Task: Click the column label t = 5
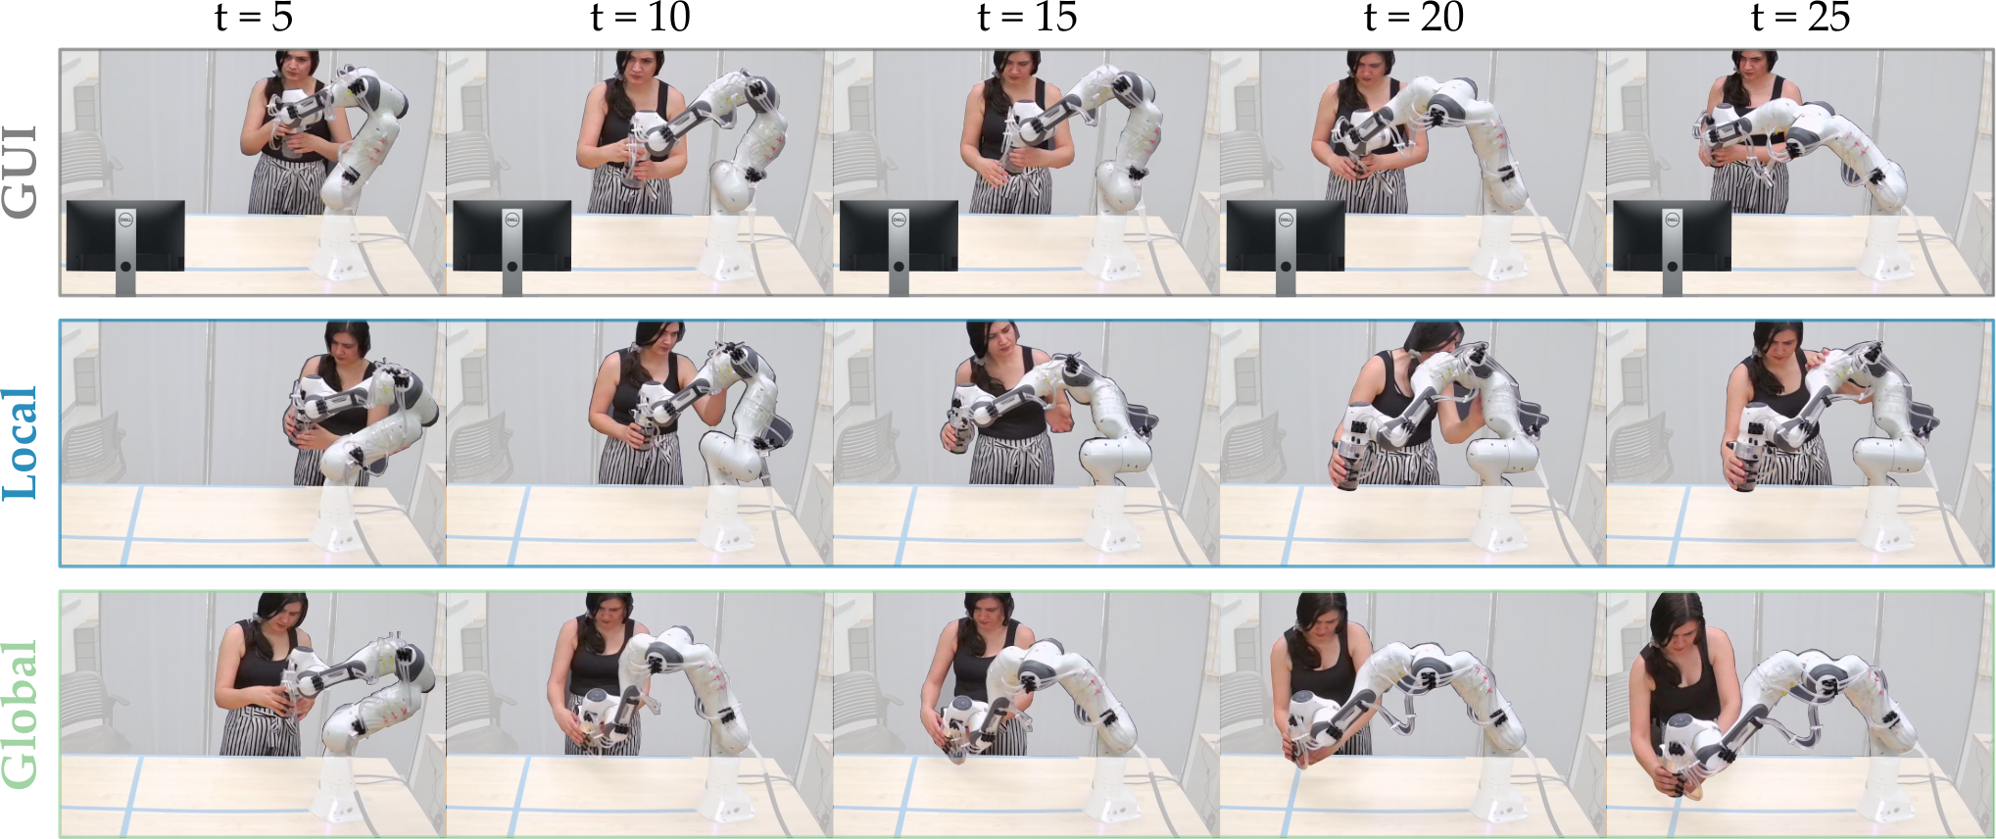pos(254,18)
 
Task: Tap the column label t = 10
pos(641,18)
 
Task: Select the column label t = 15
pos(1027,18)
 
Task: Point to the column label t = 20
pos(1414,18)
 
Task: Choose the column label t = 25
pos(1800,18)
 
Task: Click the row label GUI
pos(22,172)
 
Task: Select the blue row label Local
pos(22,442)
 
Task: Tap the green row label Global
pos(22,715)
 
